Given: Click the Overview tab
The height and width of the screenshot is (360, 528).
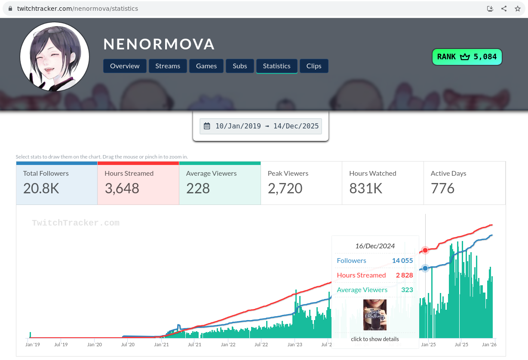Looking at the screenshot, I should click(125, 66).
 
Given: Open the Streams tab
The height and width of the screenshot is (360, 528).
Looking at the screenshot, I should click(168, 66).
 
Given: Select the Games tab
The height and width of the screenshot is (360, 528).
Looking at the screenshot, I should click(206, 66).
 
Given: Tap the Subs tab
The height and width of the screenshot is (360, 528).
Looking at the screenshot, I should click(240, 66).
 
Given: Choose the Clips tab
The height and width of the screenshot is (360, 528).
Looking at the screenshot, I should click(314, 66).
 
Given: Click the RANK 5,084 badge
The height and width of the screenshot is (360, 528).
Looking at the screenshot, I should click(467, 57).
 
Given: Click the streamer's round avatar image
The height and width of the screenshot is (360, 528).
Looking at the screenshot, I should click(55, 57).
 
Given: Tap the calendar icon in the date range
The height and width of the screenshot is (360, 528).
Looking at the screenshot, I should click(207, 126).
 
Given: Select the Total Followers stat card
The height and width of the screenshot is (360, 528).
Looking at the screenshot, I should click(57, 183).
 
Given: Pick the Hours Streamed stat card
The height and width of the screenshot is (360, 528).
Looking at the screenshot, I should click(138, 183).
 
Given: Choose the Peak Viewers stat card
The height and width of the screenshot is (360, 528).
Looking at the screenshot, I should click(301, 183).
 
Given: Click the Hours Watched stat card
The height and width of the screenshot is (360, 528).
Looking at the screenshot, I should click(383, 183).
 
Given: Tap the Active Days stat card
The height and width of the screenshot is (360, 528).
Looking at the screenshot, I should click(464, 183).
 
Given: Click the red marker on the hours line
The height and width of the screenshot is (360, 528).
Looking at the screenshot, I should click(425, 250).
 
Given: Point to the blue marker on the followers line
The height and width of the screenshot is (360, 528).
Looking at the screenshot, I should click(425, 268).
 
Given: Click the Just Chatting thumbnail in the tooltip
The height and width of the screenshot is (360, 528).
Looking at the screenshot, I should click(375, 315).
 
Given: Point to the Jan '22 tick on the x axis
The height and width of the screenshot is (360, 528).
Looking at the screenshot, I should click(228, 345).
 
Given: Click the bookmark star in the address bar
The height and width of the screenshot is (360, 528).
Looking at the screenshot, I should click(518, 9).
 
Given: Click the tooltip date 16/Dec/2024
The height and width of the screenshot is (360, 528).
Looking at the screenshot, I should click(375, 246).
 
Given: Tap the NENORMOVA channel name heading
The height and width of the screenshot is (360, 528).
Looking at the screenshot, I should click(159, 44).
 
